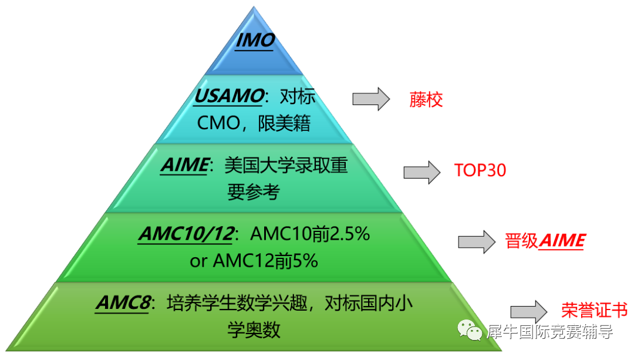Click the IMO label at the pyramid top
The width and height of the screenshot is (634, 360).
point(255,41)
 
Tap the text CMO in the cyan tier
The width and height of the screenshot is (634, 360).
point(219,123)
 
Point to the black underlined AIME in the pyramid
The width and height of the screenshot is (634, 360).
point(185,166)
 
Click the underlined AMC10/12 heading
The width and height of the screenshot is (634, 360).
point(187,234)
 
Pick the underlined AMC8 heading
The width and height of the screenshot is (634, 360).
point(123,303)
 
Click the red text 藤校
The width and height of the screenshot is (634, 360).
point(426,99)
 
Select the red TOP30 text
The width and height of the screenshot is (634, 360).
point(480,170)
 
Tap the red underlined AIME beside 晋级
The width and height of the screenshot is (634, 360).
point(562,241)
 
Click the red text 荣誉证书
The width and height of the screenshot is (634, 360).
point(594,310)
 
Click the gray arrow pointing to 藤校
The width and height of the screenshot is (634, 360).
point(371,99)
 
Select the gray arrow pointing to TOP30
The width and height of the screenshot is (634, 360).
point(421,172)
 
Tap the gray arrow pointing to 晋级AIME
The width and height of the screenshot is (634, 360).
point(476,242)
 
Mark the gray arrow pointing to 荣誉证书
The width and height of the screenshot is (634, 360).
point(528,312)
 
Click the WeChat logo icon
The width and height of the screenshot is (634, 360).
point(470,330)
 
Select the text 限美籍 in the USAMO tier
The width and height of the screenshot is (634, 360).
point(284,123)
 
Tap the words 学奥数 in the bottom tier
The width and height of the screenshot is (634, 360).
point(254,329)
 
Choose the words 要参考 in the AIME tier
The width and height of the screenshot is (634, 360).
point(254,191)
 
